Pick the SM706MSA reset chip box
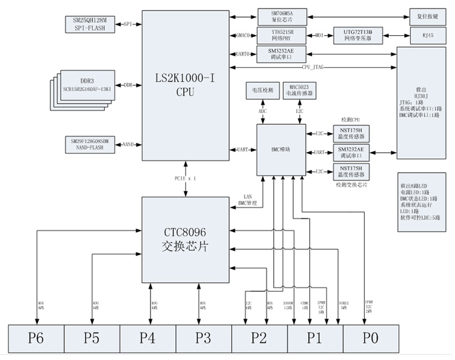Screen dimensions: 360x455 (281, 15)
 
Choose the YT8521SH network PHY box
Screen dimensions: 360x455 (281, 35)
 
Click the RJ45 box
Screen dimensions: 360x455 (427, 35)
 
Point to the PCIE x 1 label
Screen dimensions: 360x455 (184, 179)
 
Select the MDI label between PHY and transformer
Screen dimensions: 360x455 (318, 35)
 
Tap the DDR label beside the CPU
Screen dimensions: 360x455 (128, 85)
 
